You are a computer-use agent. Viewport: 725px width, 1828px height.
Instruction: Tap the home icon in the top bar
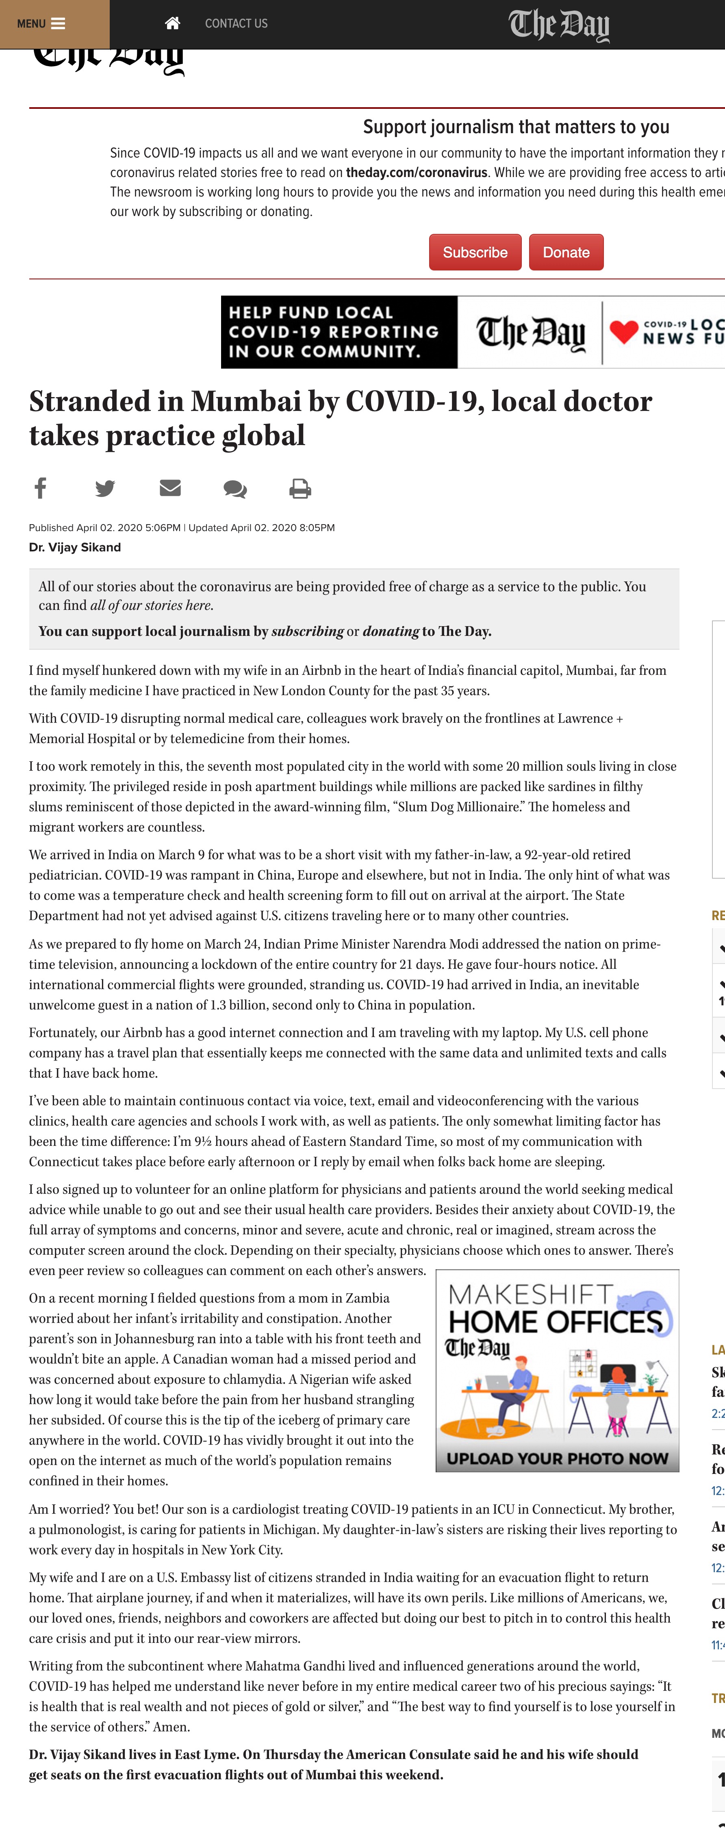coord(172,24)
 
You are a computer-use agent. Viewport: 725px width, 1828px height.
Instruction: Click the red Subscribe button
coord(475,253)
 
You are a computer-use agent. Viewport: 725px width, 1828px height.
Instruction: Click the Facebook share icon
coord(41,488)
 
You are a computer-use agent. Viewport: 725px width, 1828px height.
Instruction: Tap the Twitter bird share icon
coord(105,488)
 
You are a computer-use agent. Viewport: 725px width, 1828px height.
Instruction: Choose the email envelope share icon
coord(170,488)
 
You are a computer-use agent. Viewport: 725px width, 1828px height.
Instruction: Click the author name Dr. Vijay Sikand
coord(74,547)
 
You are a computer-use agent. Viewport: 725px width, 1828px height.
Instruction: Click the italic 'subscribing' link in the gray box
coord(308,631)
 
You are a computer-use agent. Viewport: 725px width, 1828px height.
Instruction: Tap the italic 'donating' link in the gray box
coord(391,631)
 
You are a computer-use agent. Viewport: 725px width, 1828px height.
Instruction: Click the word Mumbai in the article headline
coord(246,402)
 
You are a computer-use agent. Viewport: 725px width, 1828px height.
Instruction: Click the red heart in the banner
coord(623,331)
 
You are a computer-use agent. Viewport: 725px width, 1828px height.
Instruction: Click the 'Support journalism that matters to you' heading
coord(516,127)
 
